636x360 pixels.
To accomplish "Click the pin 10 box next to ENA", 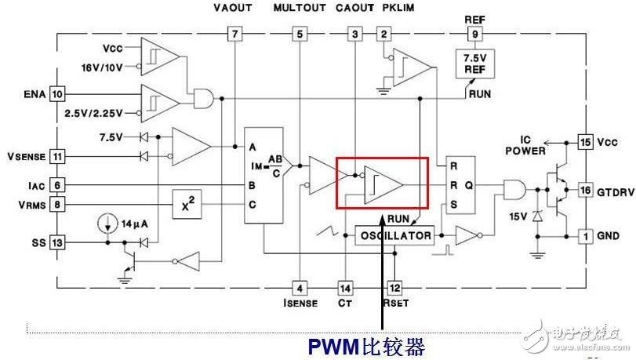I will click(56, 94).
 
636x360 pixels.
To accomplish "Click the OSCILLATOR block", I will click(395, 235).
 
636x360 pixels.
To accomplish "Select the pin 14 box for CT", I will click(346, 287).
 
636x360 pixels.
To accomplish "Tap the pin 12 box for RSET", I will click(394, 287).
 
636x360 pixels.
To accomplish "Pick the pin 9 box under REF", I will click(474, 34).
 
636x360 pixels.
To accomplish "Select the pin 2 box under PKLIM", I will click(383, 34).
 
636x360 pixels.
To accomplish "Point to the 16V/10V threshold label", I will click(103, 67).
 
